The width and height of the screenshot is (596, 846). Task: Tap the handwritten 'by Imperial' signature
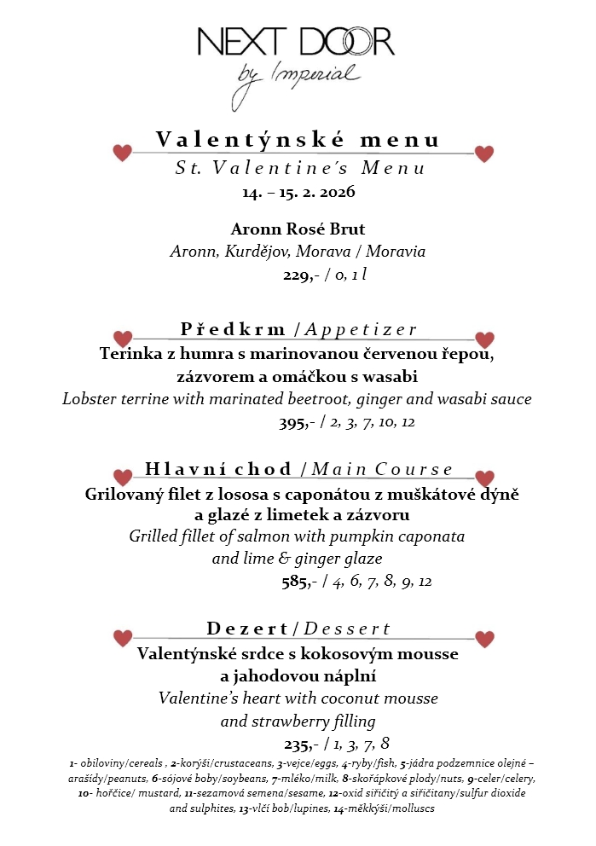point(298,75)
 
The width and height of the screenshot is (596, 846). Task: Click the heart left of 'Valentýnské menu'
point(123,153)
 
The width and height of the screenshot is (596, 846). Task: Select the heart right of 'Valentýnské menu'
point(484,154)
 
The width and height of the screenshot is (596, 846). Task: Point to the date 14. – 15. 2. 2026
point(298,191)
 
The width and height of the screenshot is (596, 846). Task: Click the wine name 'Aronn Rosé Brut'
point(298,229)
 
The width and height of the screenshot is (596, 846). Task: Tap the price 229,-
point(299,275)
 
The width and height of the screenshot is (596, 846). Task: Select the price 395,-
point(295,421)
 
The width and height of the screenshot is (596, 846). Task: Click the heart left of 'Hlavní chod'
point(123,477)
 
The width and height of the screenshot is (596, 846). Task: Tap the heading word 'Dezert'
point(247,629)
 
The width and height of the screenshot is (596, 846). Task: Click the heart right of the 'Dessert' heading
point(484,639)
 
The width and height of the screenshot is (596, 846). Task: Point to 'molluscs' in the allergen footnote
point(408,808)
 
